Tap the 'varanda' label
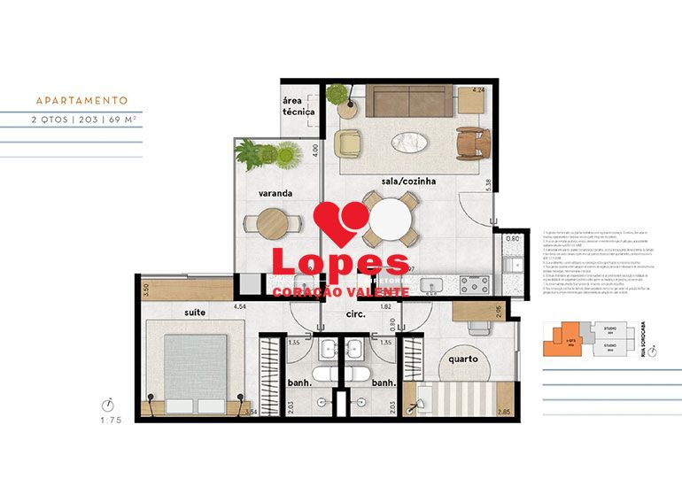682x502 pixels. pyautogui.click(x=251, y=192)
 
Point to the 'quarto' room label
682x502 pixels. pyautogui.click(x=462, y=359)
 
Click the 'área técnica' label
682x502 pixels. pyautogui.click(x=298, y=106)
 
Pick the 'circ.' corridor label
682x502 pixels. pyautogui.click(x=332, y=315)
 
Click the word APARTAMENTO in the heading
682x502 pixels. pyautogui.click(x=81, y=101)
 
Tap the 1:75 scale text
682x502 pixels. pyautogui.click(x=111, y=421)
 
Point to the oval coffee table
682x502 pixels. pyautogui.click(x=409, y=141)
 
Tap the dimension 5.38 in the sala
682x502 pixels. pyautogui.click(x=488, y=186)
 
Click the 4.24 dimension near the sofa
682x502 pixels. pyautogui.click(x=478, y=89)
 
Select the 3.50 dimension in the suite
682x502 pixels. pyautogui.click(x=146, y=290)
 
